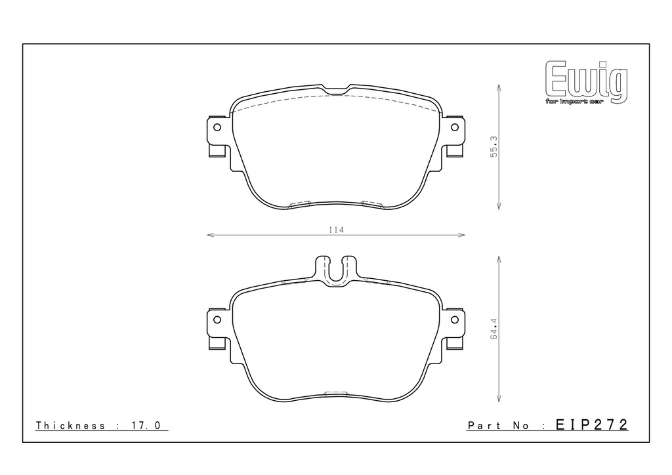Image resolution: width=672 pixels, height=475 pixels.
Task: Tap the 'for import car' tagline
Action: [574, 102]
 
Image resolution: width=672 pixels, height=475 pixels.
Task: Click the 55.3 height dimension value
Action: [493, 146]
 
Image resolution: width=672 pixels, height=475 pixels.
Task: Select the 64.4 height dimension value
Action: [493, 329]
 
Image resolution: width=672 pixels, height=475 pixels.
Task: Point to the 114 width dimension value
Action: [337, 230]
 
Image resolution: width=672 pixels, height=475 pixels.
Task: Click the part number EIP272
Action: [592, 424]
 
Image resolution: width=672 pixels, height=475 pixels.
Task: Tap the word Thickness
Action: [70, 425]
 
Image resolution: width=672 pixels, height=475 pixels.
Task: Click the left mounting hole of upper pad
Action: [217, 127]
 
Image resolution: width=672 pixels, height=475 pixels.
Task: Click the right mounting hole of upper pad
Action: [455, 127]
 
